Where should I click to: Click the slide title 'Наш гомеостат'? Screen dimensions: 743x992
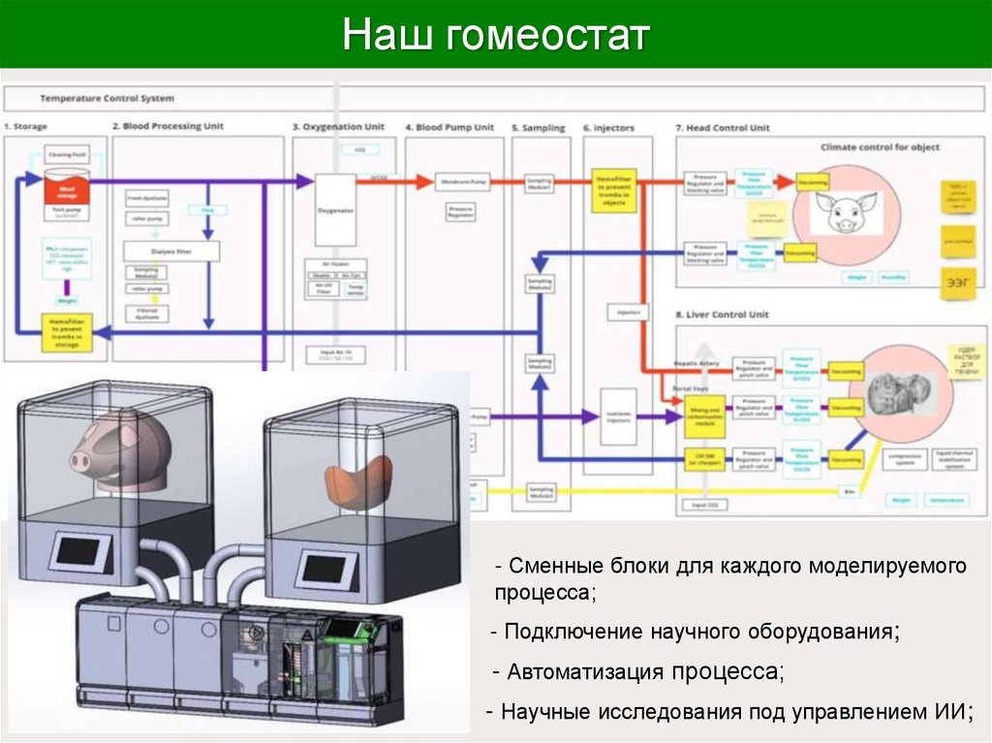495,36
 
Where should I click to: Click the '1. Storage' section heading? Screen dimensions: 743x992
26,127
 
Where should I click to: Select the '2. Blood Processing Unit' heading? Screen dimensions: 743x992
168,127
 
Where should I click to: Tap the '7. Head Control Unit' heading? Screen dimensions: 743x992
722,127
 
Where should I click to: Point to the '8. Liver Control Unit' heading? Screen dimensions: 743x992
722,315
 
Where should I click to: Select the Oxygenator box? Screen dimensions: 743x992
336,208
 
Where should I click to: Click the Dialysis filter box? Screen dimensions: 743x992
171,251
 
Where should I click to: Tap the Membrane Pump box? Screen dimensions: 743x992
464,181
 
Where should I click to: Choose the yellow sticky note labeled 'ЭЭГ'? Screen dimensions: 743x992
956,282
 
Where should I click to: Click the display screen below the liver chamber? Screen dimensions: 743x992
318,563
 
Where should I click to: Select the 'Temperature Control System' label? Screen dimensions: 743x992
107,99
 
